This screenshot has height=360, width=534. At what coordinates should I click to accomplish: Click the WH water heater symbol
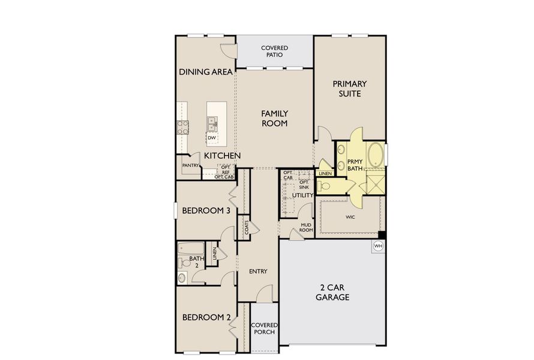(378, 245)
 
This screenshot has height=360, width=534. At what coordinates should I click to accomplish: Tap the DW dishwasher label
(211, 138)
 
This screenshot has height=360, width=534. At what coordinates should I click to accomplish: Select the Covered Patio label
(274, 51)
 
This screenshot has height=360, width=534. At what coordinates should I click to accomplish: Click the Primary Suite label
(350, 89)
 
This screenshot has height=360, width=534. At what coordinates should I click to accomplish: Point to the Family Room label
(274, 118)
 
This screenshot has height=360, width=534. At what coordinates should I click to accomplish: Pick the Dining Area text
(206, 72)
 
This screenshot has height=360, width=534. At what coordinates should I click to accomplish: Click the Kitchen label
(222, 156)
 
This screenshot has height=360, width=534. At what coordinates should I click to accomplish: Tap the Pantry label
(190, 165)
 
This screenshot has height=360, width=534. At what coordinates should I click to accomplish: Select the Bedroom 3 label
(206, 211)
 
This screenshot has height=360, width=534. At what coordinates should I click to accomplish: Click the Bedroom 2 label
(206, 317)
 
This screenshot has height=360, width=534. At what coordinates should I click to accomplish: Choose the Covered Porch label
(263, 329)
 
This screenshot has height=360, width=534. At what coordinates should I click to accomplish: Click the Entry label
(258, 271)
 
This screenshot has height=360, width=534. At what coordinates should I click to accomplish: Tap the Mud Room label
(307, 227)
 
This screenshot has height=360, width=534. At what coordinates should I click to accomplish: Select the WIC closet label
(351, 217)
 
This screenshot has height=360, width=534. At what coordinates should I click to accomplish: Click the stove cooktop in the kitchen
(182, 126)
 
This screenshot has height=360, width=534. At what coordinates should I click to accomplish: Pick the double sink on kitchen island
(212, 124)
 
